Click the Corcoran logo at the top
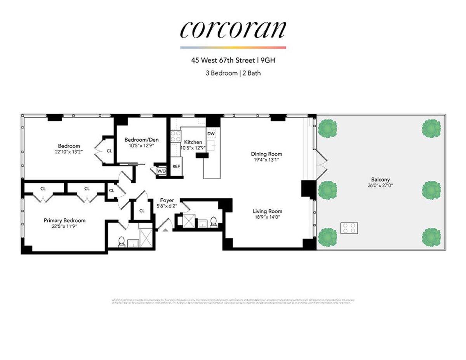pos(233,29)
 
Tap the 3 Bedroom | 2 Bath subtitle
pos(233,73)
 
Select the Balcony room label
pos(380,180)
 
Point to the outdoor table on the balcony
pos(349,228)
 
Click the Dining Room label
pos(266,154)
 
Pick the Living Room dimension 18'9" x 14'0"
pos(267,217)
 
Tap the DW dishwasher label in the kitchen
pos(211,134)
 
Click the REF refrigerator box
pos(176,166)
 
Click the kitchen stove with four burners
pos(176,137)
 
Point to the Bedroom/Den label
pos(141,140)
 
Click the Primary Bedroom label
pos(64,220)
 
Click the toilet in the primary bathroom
pos(121,242)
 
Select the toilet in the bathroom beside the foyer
pos(213,222)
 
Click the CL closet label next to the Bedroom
pos(109,151)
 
